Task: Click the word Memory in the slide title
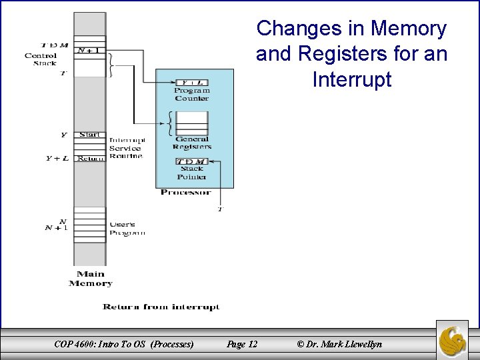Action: [409, 29]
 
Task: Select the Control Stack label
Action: [41, 59]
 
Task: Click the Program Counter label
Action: [192, 94]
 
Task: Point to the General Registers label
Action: [192, 143]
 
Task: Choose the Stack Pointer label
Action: [192, 173]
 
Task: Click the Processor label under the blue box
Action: [186, 193]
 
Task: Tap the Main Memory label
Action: [90, 279]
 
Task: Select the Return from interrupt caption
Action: [161, 307]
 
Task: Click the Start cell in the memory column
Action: [90, 135]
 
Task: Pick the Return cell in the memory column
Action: [90, 159]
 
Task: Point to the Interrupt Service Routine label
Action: [127, 148]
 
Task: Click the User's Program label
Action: [127, 229]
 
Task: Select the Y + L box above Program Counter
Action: [192, 83]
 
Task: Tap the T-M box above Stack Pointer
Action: [192, 162]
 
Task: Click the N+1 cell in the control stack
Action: [90, 50]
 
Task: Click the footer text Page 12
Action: [242, 344]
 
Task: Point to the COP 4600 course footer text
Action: [124, 344]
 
